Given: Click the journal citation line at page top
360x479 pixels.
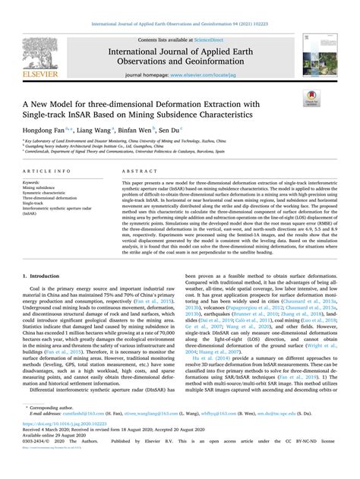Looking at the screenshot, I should (180, 7).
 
